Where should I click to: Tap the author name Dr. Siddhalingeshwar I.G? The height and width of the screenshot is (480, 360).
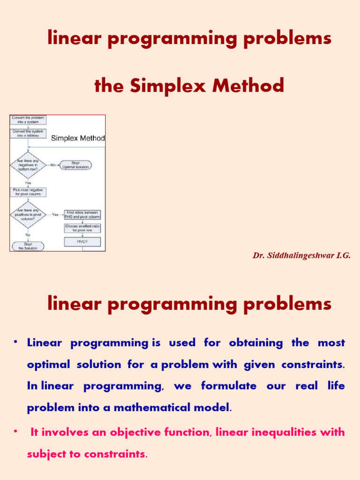pos(301,255)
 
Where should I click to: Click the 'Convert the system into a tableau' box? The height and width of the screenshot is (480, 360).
pos(28,134)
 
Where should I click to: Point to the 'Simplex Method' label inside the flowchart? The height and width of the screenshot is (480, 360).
pos(77,138)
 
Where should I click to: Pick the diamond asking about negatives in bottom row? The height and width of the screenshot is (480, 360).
pos(28,165)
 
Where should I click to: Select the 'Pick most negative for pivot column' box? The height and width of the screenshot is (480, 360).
pos(28,192)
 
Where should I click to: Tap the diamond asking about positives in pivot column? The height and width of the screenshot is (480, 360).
pos(28,215)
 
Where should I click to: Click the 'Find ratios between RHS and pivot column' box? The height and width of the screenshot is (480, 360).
pos(82,215)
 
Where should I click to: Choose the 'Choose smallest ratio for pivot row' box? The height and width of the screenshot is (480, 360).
pos(82,228)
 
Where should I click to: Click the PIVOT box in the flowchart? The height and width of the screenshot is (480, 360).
pos(82,241)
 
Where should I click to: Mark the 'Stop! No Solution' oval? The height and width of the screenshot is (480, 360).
pos(27,246)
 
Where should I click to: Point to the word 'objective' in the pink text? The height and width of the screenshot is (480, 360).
pos(133,432)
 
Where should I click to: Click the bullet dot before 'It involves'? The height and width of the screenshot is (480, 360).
pos(15,431)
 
